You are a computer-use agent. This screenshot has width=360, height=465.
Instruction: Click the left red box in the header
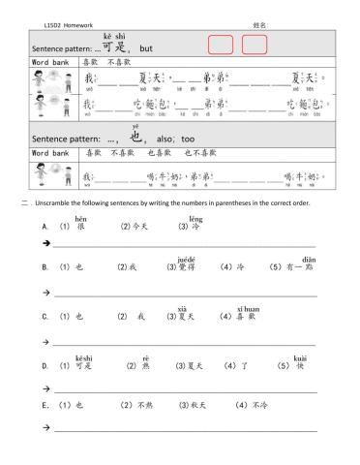(221, 45)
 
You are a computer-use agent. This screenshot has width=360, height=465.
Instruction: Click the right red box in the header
(255, 45)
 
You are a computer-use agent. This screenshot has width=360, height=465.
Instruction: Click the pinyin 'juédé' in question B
(187, 259)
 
